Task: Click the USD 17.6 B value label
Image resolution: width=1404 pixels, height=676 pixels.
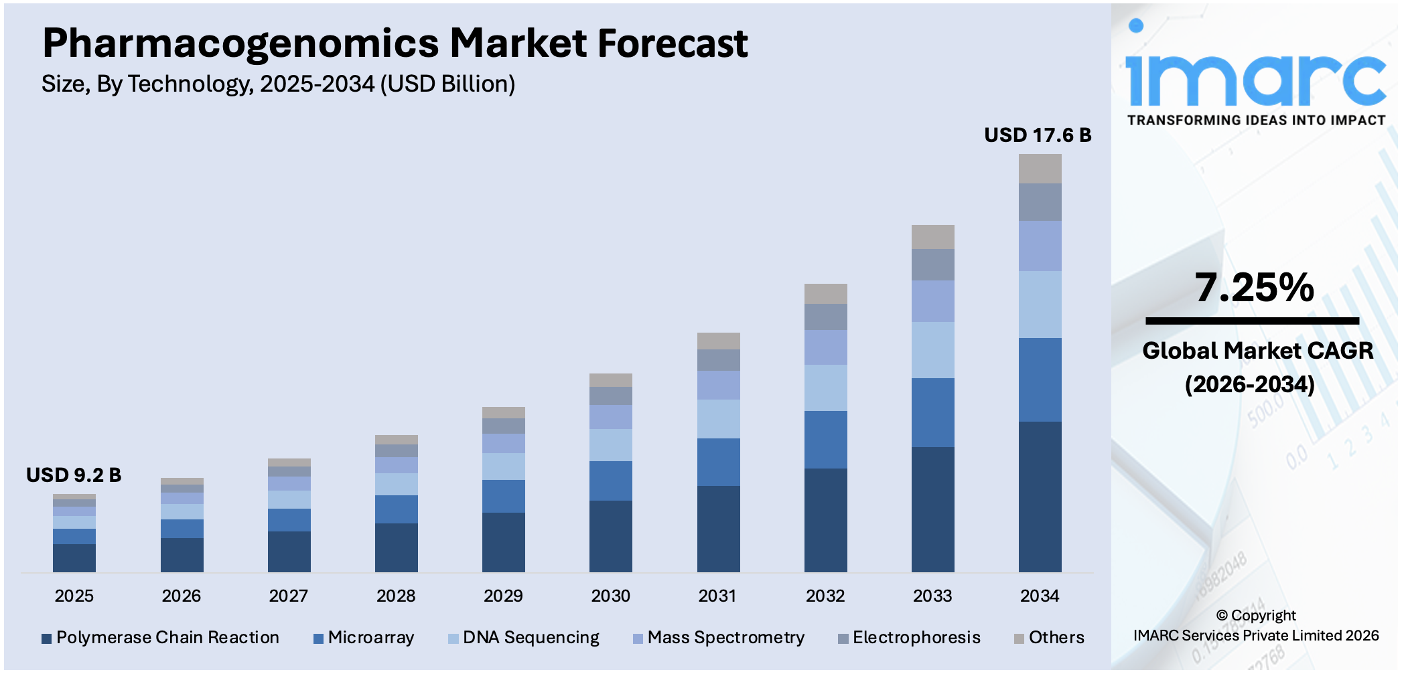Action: [1037, 135]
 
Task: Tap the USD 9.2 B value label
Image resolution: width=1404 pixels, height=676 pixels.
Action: [74, 475]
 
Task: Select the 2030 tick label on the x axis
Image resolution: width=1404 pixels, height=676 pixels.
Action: [610, 596]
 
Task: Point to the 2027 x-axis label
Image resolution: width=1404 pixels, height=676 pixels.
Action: [288, 596]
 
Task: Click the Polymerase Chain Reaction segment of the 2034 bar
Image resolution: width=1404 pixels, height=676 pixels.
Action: [1040, 497]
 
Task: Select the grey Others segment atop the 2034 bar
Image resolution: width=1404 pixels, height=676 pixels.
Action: [1040, 169]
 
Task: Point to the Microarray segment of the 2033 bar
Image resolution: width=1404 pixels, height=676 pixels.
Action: [932, 412]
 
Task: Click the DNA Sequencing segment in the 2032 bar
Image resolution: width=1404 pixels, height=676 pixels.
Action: [825, 388]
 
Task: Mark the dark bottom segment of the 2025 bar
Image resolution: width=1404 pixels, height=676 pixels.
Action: [74, 558]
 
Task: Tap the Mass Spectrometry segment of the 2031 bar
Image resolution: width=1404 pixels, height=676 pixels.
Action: [718, 385]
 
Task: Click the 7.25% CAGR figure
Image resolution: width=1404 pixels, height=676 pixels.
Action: [1254, 288]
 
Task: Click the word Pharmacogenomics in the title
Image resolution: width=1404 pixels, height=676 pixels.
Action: [240, 44]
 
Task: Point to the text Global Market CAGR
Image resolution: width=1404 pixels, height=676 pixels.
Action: [1257, 351]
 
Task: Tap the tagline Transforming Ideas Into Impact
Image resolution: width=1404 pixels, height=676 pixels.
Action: [1256, 120]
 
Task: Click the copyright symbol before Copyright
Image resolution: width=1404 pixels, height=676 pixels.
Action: [1222, 616]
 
